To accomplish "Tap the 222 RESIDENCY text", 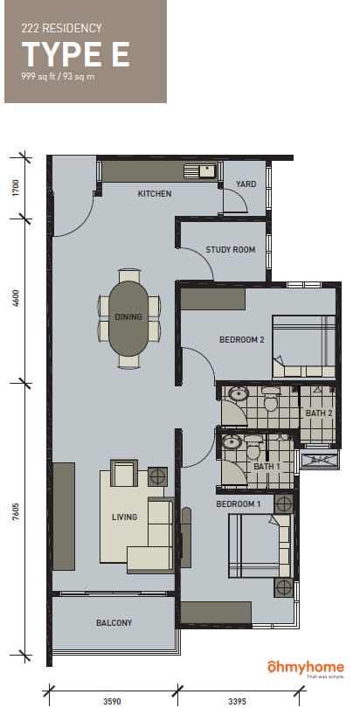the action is (61, 29).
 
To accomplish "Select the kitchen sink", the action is (200, 171).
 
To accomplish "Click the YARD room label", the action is (246, 184).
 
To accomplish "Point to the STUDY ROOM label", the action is (231, 250).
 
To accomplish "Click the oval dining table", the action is (128, 318).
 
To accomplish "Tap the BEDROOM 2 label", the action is (241, 339).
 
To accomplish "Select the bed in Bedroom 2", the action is (304, 347).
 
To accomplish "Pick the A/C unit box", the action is (319, 460).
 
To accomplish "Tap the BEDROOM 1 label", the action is (238, 504).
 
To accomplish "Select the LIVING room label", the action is (124, 517).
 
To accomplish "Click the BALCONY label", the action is (114, 622).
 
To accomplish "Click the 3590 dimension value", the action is (112, 701).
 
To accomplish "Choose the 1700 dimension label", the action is (17, 188).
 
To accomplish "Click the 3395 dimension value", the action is (238, 701).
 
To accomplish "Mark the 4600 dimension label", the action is (17, 302).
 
